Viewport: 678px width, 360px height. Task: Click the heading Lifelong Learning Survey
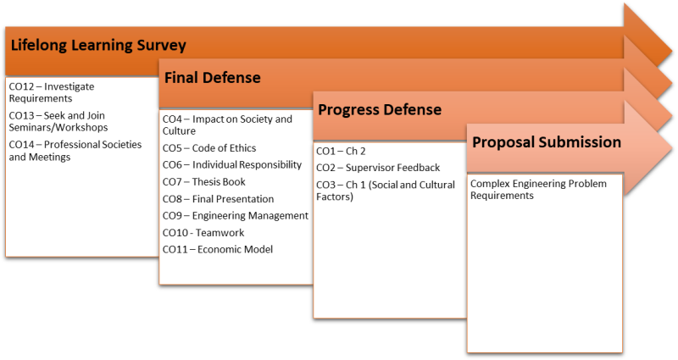point(98,46)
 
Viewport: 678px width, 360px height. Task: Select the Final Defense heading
point(213,78)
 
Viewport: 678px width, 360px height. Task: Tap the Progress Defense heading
point(380,110)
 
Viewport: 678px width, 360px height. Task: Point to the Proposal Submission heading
point(547,142)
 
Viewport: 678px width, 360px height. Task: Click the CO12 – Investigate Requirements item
point(52,92)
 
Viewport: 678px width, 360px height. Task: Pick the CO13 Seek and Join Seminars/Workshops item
point(58,121)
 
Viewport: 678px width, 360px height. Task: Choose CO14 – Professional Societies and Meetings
point(75,151)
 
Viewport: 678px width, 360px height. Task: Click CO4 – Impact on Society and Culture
point(227,125)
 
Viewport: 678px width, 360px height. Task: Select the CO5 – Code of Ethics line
point(209,148)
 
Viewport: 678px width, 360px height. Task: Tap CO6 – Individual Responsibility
point(232,165)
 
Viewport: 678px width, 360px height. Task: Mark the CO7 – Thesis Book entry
point(204,182)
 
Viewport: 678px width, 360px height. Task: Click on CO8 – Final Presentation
point(219,199)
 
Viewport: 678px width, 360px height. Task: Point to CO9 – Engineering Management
point(236,216)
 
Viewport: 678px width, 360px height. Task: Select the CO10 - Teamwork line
point(203,233)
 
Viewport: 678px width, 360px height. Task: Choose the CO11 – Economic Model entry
point(218,250)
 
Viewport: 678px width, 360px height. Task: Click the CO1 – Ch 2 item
point(341,152)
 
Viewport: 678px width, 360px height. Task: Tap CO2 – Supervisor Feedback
point(378,168)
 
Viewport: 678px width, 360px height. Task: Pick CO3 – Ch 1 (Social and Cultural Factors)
point(386,191)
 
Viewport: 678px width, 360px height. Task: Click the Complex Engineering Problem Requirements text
point(538,189)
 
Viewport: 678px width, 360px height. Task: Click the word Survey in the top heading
point(161,46)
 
